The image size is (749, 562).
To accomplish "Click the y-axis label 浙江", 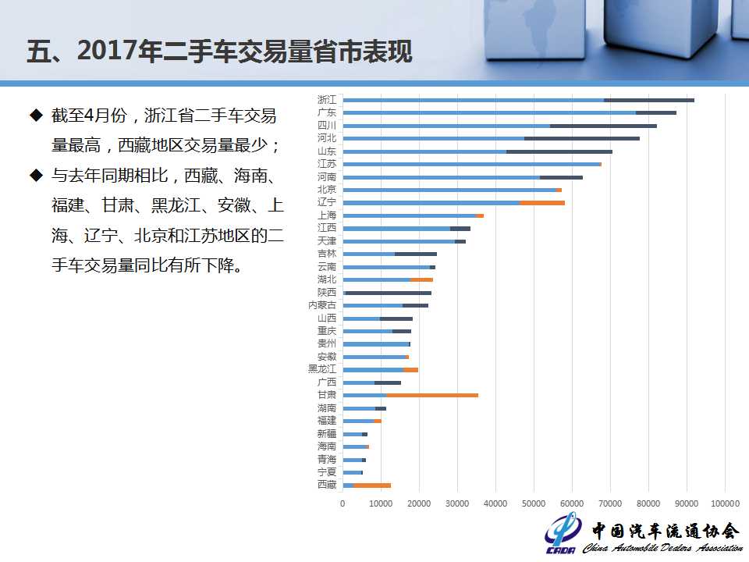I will click(327, 100).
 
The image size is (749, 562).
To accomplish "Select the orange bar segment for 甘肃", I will click(432, 396).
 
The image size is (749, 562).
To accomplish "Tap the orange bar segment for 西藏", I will click(372, 486).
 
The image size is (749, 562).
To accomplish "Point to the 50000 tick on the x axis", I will click(534, 504).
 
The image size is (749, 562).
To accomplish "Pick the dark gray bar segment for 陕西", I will click(389, 293).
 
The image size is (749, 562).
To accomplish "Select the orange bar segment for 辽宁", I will click(542, 203).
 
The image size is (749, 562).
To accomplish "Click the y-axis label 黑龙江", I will click(322, 369).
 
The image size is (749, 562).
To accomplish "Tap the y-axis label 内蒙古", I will click(322, 305).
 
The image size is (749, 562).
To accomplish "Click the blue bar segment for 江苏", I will click(471, 164).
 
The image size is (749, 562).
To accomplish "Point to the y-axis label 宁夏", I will click(327, 472).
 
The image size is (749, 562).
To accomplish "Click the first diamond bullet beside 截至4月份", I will click(35, 116).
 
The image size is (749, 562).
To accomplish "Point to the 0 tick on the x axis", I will click(343, 504).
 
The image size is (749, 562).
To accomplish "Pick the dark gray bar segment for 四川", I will click(603, 126).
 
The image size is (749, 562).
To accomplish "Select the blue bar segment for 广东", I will click(489, 113).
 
